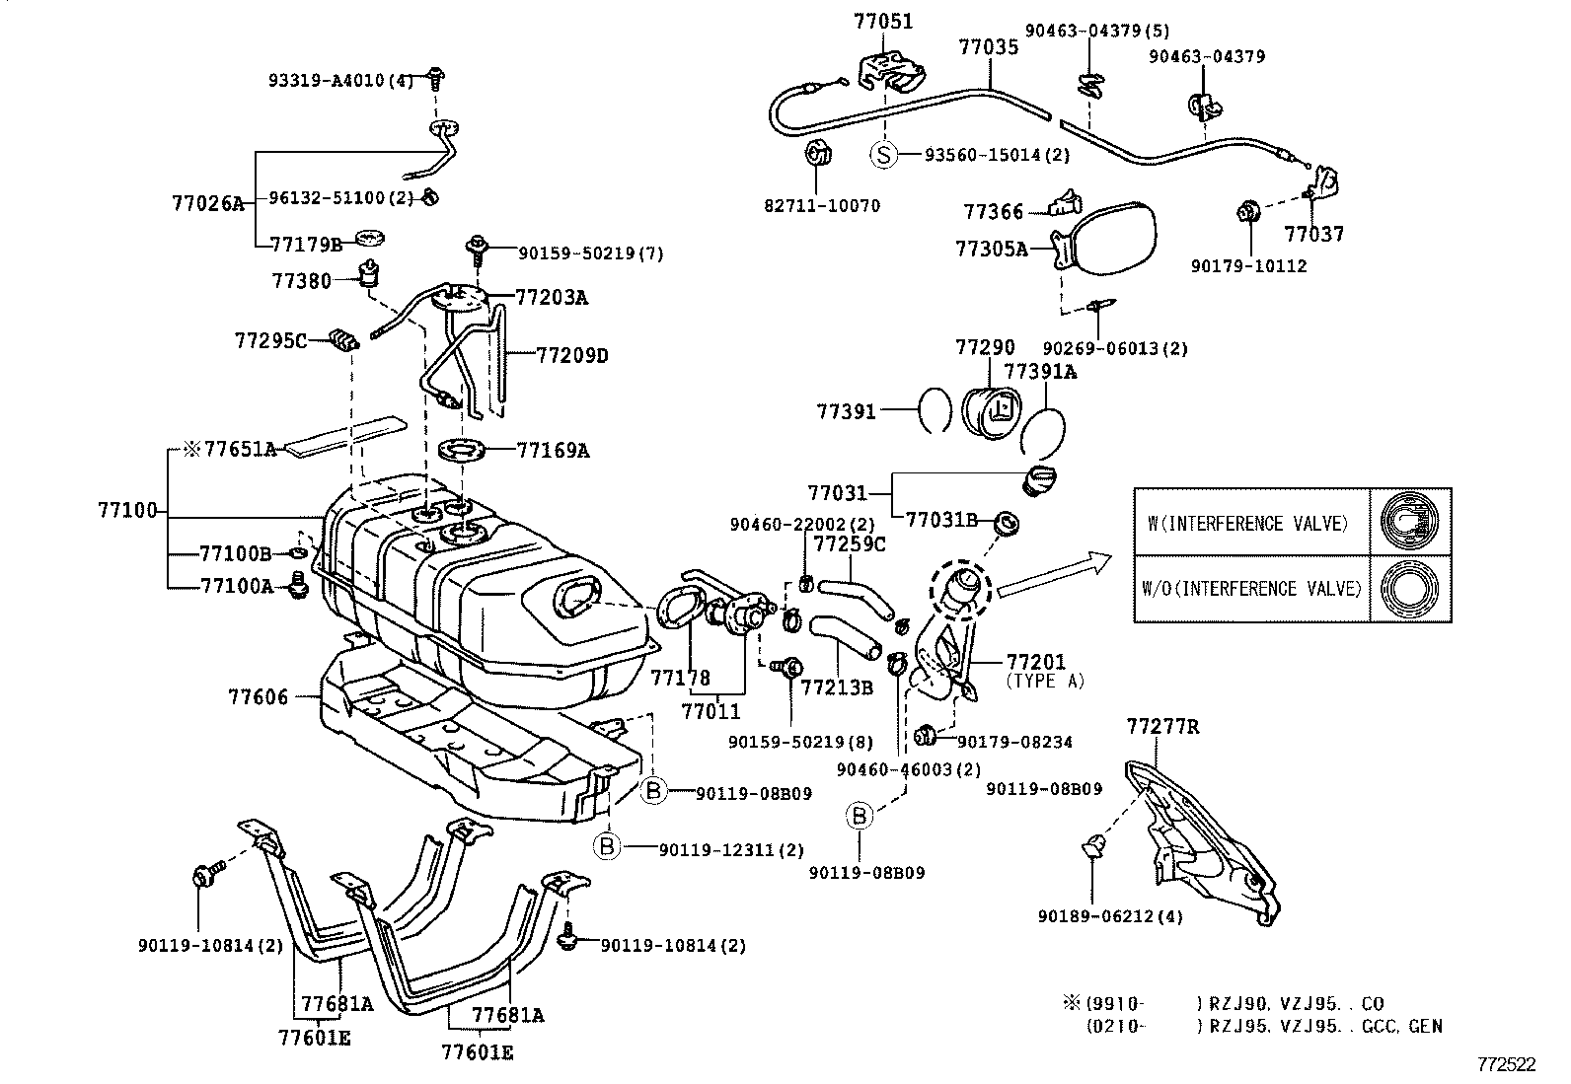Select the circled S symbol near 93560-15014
[885, 154]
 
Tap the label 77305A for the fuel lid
[991, 249]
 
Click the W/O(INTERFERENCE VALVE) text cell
[1251, 589]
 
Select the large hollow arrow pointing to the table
[1054, 576]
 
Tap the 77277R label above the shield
[1162, 727]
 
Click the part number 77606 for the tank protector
[258, 697]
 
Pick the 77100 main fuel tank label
[127, 510]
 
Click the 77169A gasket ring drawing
[464, 452]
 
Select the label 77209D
[572, 355]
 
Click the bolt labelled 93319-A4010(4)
[435, 76]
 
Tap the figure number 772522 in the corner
[1507, 1064]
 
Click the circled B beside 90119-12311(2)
[608, 845]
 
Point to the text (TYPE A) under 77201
[1044, 681]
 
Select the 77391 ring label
[846, 411]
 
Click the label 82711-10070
[822, 206]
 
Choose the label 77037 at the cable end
[1313, 234]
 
